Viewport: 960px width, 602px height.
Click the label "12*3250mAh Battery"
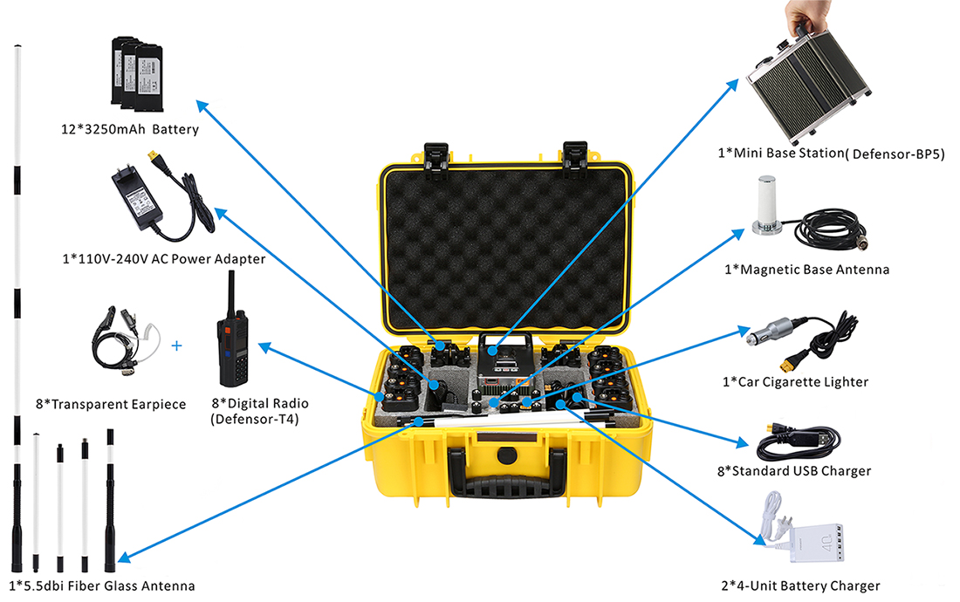point(130,129)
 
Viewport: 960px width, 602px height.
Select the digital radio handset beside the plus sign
point(232,331)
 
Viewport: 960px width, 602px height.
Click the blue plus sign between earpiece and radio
point(177,345)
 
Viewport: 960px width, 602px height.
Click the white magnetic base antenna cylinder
point(766,202)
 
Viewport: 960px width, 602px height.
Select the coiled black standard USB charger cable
point(799,441)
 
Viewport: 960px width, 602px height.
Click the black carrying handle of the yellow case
point(506,472)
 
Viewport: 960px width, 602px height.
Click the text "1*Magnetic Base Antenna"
point(807,270)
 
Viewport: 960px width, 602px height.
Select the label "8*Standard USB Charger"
point(794,471)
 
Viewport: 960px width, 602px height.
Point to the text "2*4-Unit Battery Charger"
point(800,586)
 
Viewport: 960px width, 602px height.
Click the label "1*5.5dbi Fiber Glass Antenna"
point(101,586)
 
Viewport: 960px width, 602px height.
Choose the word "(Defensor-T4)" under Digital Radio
point(255,419)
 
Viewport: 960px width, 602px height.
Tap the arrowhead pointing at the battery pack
point(202,106)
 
